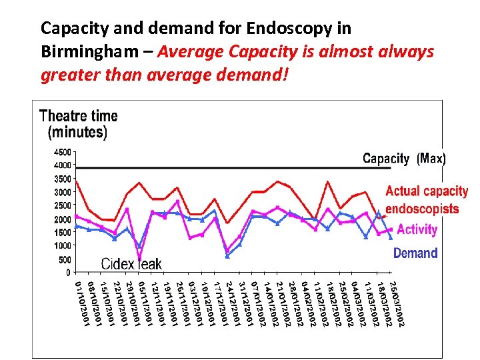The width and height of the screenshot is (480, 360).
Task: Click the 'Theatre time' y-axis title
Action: (78, 116)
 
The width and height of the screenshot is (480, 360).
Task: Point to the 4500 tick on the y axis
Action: (62, 151)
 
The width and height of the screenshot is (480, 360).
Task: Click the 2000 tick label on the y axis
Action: (62, 219)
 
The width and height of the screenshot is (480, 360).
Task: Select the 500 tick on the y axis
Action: (64, 260)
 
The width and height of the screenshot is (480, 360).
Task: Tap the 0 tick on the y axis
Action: (68, 273)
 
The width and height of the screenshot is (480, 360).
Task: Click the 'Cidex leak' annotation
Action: (131, 264)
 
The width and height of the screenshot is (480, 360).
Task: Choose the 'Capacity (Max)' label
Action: (404, 159)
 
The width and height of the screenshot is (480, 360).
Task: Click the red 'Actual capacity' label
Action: (427, 192)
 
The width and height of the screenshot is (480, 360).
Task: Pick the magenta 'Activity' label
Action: (417, 229)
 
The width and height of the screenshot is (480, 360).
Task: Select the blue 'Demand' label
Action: (415, 253)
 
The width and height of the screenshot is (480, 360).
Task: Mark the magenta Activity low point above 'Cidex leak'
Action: (139, 258)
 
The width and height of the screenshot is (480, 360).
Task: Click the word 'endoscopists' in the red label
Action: (422, 209)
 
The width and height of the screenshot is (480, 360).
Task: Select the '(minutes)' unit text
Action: (77, 132)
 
